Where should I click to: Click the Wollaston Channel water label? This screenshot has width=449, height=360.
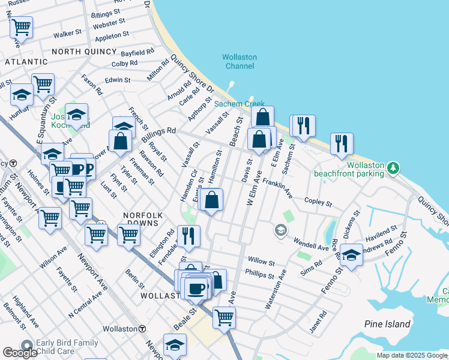(x=239, y=61)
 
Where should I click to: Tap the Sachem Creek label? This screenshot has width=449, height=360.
(x=240, y=104)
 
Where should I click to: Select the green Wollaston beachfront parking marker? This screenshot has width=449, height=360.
(x=393, y=166)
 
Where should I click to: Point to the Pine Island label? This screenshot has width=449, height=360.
(x=387, y=324)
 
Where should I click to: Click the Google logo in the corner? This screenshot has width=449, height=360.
(x=20, y=353)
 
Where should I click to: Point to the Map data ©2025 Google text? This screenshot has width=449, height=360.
(x=412, y=355)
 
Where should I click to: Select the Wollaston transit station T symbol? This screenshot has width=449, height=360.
(x=142, y=329)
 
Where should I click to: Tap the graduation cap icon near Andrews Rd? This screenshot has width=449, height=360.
(x=351, y=254)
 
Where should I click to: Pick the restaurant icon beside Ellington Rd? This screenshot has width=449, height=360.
(x=189, y=236)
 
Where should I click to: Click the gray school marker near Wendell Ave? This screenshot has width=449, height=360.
(x=280, y=230)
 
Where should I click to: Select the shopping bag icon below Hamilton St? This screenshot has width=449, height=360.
(x=212, y=199)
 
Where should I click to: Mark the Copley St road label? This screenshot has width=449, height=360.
(x=318, y=202)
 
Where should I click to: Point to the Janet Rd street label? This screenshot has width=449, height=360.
(x=319, y=316)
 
